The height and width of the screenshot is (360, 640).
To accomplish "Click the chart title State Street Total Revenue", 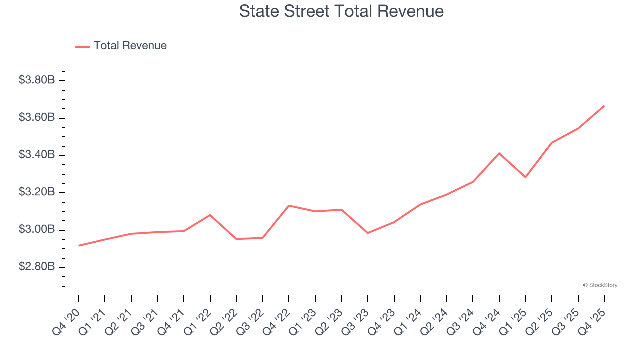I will pyautogui.click(x=341, y=11).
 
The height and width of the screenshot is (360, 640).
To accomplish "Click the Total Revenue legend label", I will pyautogui.click(x=130, y=46).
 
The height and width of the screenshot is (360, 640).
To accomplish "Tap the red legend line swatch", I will pyautogui.click(x=82, y=46).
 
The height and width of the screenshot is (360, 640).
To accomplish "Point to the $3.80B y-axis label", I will pyautogui.click(x=37, y=80).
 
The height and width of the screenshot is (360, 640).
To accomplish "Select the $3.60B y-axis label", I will pyautogui.click(x=37, y=118).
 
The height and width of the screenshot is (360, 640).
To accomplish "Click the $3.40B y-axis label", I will pyautogui.click(x=37, y=155).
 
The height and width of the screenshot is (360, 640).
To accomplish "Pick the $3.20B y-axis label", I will pyautogui.click(x=37, y=193).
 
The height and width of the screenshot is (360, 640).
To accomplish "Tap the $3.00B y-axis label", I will pyautogui.click(x=37, y=230).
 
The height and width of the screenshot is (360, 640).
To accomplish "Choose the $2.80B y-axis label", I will pyautogui.click(x=37, y=267).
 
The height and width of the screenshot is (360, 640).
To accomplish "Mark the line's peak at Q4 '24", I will pyautogui.click(x=499, y=153).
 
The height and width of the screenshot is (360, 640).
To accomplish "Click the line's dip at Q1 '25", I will pyautogui.click(x=525, y=177).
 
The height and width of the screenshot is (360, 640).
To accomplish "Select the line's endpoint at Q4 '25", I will pyautogui.click(x=604, y=106).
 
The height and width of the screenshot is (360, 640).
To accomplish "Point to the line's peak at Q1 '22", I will pyautogui.click(x=210, y=215).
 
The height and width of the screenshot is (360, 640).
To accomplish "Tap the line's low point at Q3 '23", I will pyautogui.click(x=368, y=233).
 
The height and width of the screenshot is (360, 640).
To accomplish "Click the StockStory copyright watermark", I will pyautogui.click(x=600, y=285).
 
